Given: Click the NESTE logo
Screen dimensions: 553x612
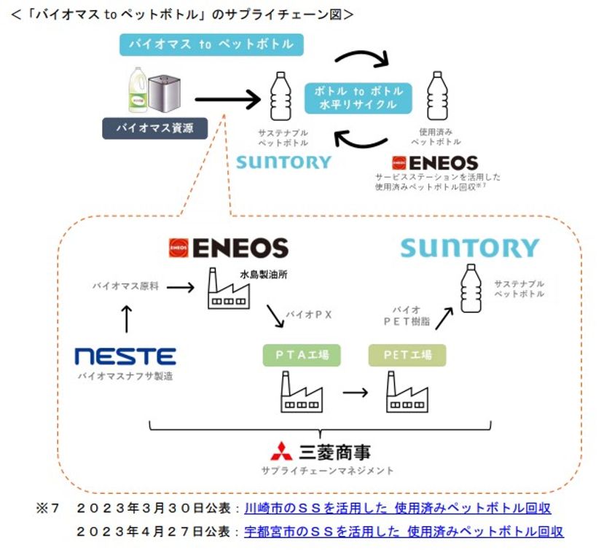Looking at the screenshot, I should tap(125, 356).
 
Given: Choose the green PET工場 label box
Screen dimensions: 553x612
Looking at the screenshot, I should tap(407, 355).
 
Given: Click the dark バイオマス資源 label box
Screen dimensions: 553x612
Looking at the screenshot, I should tap(154, 129).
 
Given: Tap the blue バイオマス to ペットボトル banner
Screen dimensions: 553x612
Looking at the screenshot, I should tap(211, 44).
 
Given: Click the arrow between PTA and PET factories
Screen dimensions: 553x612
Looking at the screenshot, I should tap(354, 393).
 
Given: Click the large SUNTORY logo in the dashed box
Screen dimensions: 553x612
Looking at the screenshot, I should tap(469, 248).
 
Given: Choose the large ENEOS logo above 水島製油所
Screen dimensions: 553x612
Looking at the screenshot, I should tap(228, 248).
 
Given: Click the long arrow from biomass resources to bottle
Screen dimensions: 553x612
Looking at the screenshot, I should tap(227, 96).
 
